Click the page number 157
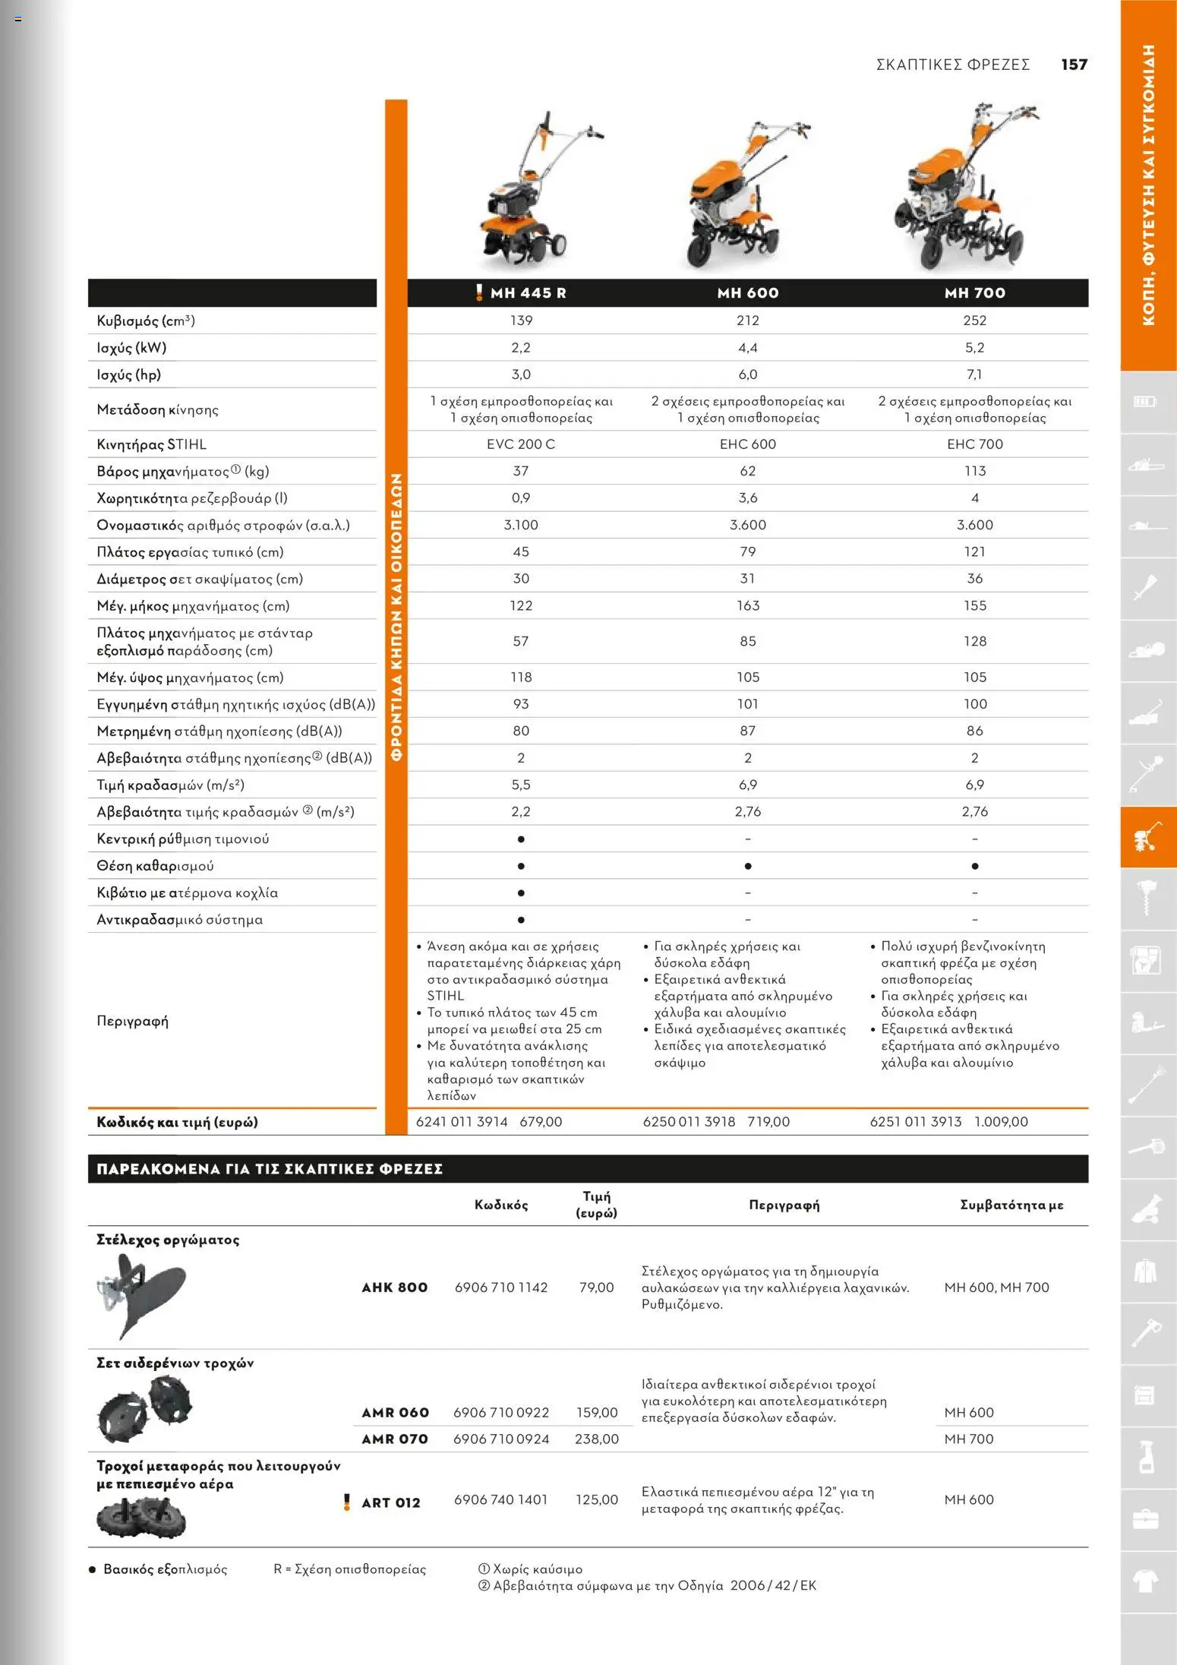tap(1074, 65)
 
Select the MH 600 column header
tap(747, 293)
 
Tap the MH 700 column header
tap(974, 293)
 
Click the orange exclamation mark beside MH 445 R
tap(478, 292)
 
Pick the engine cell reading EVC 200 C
tap(520, 444)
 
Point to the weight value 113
tap(974, 471)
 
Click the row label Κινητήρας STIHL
tap(151, 444)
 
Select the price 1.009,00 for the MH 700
tap(1001, 1122)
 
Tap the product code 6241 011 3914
tap(462, 1122)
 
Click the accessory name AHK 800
tap(394, 1287)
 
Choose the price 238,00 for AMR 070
tap(596, 1439)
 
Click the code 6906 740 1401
tap(500, 1499)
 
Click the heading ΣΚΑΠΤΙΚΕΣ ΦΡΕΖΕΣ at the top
tap(952, 65)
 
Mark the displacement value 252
tap(974, 321)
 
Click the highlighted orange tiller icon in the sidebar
tap(1147, 837)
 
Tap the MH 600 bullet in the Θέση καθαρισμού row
tap(747, 866)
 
